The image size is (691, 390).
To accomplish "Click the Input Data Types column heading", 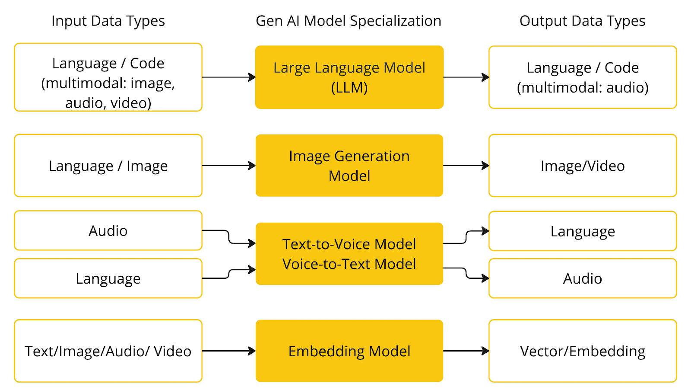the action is click(108, 21).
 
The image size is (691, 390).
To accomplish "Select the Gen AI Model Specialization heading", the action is click(349, 21).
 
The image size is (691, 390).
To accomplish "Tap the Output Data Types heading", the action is click(583, 21).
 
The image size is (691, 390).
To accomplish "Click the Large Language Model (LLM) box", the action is click(349, 77).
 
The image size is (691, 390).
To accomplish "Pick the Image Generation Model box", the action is click(349, 166).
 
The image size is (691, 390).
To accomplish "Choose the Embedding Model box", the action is click(349, 351).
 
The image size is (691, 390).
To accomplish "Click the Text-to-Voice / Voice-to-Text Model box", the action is click(349, 253).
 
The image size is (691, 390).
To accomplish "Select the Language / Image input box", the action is click(108, 166).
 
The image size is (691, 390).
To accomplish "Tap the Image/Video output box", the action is click(583, 166).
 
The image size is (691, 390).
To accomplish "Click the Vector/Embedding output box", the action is click(583, 351).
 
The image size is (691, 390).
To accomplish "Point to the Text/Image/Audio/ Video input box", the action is click(108, 351).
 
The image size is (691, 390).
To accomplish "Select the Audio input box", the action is click(108, 230).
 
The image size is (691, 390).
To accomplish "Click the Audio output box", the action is click(583, 278).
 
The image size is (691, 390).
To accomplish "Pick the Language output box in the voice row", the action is click(583, 231).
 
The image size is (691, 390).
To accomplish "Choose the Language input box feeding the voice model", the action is click(108, 278).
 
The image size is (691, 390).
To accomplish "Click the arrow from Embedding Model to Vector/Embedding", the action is click(466, 351).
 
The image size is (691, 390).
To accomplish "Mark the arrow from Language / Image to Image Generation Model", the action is click(228, 166).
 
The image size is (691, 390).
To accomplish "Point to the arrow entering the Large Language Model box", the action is click(228, 77).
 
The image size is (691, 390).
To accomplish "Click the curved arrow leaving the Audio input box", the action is click(228, 237).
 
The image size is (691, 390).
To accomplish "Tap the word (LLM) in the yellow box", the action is click(349, 88).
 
